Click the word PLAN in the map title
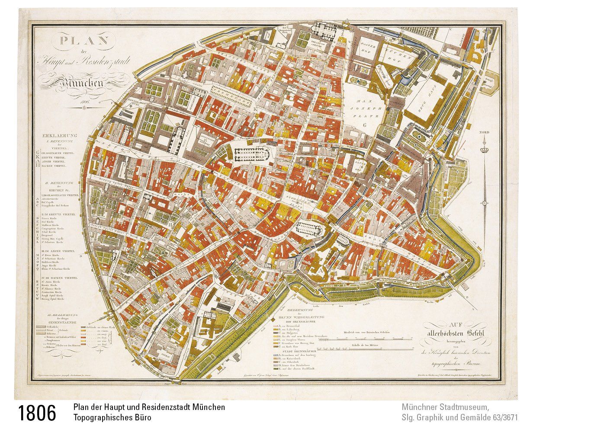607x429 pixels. pyautogui.click(x=84, y=42)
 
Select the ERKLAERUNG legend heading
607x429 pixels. pyautogui.click(x=59, y=134)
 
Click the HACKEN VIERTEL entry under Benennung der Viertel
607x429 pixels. pyautogui.click(x=56, y=166)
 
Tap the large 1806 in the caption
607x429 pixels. pyautogui.click(x=37, y=413)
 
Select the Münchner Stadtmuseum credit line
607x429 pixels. pyautogui.click(x=445, y=408)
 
